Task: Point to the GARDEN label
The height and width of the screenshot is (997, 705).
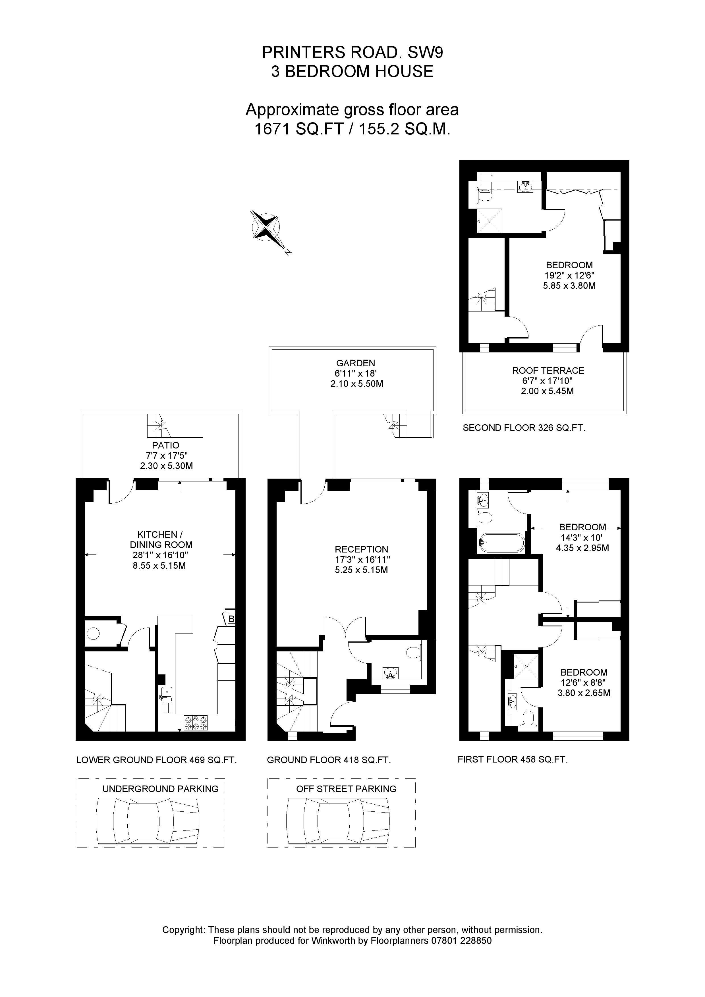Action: pyautogui.click(x=355, y=363)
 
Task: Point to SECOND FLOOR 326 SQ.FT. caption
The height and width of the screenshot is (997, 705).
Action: pyautogui.click(x=524, y=428)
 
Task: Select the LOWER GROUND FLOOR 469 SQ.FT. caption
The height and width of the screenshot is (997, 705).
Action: pyautogui.click(x=156, y=760)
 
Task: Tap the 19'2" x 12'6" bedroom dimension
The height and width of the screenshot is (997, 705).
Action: pyautogui.click(x=569, y=275)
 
